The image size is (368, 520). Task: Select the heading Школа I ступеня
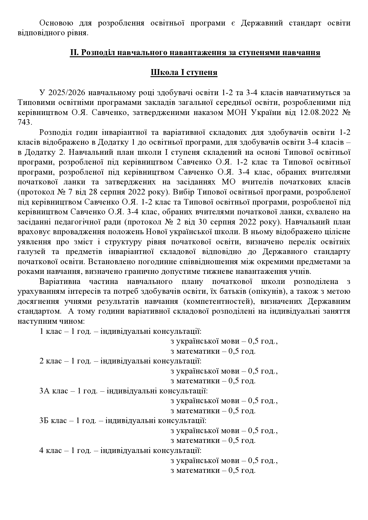184,73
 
